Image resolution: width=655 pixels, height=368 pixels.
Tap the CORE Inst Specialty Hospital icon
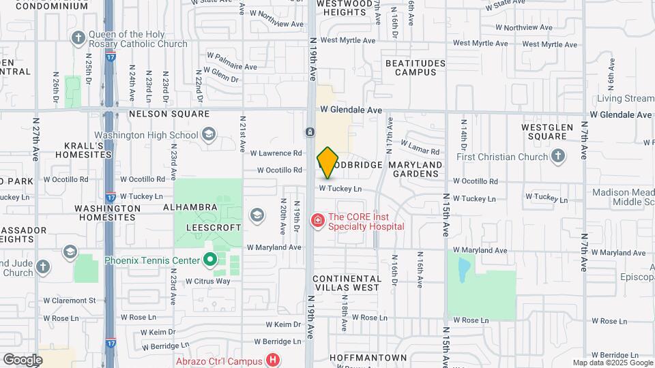pos(317,220)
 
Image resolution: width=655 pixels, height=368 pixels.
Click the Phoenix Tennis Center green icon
pos(209,260)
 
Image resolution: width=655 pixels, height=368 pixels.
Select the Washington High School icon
pos(209,134)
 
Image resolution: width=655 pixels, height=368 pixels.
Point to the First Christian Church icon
pos(559,156)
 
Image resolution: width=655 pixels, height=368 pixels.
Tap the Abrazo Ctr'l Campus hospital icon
pos(274,360)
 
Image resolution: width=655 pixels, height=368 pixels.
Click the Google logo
pos(23,359)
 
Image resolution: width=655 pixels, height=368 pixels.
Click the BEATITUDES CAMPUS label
pos(416,67)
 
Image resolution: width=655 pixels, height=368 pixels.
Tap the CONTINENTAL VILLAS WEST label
pos(347,283)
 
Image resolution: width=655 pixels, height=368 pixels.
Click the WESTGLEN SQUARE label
pos(544,132)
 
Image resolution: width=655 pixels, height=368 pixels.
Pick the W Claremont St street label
pos(70,301)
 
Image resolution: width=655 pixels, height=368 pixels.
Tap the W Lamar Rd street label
pos(420,147)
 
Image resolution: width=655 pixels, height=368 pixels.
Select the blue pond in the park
pos(463,269)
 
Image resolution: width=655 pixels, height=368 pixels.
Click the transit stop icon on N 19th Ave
pos(309,131)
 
